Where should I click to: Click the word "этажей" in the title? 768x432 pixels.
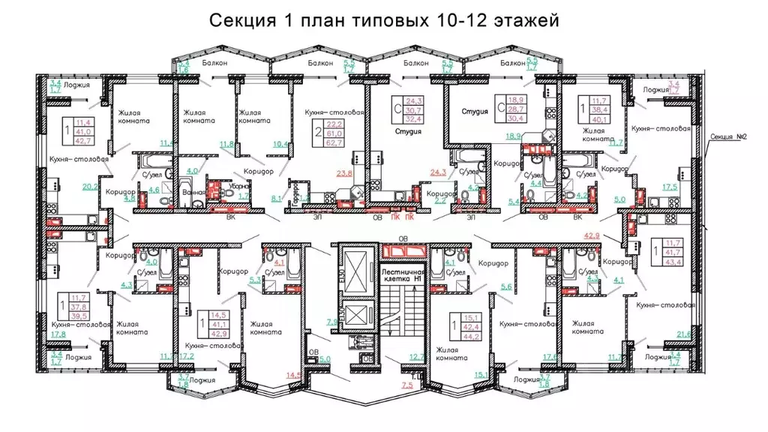pos(526,20)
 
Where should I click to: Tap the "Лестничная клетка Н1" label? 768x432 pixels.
pos(403,274)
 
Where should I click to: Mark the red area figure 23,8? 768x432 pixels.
pos(346,172)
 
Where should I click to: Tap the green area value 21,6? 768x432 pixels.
pos(684,334)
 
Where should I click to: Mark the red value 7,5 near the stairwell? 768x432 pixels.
pos(407,385)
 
